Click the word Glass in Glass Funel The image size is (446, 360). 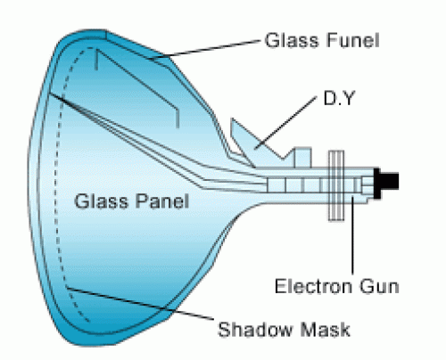(292, 40)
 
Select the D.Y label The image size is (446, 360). (339, 98)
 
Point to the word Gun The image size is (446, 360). (379, 286)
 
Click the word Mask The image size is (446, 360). (325, 329)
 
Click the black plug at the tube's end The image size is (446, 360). (385, 183)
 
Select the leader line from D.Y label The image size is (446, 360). (285, 122)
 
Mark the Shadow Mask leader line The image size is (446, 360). (140, 304)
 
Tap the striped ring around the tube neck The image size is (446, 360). (336, 185)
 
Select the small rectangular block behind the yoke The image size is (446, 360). (302, 158)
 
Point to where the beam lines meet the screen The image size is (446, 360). (50, 94)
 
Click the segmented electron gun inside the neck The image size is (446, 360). (315, 184)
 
